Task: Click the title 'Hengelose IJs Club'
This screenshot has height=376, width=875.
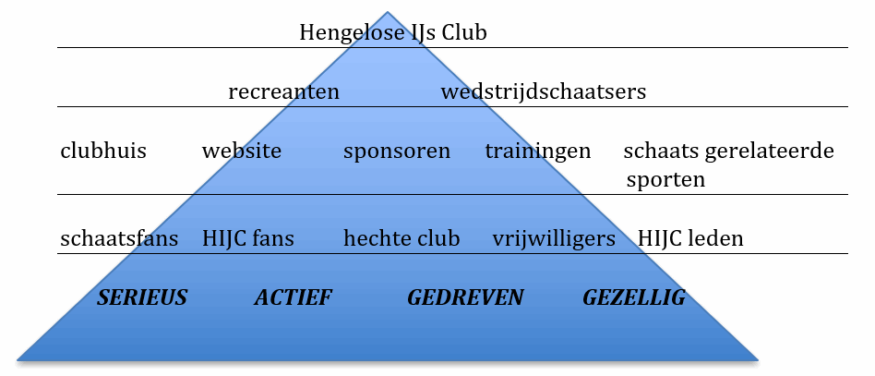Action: pos(392,33)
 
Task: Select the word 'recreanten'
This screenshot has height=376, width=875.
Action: pos(283,92)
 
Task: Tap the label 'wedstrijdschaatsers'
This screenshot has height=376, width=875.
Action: pos(543,92)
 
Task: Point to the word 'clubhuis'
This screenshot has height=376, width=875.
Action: pos(103,151)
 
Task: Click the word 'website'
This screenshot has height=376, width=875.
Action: pos(242,151)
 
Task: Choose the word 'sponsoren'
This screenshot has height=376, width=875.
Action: pos(397,152)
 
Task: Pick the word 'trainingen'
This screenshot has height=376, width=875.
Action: pos(538,152)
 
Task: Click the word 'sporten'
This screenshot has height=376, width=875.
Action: pos(665,179)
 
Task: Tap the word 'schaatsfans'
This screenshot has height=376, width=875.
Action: pos(119,239)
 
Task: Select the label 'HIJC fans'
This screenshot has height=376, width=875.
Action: pos(248,239)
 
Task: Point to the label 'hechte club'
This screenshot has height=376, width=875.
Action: pos(402,239)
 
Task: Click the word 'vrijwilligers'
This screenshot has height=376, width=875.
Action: pos(554,240)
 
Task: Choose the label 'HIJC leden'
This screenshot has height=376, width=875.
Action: pos(690,239)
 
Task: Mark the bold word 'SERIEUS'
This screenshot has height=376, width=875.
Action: pos(142,297)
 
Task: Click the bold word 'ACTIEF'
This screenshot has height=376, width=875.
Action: pos(293,297)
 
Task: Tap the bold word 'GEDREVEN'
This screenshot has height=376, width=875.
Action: pos(465,297)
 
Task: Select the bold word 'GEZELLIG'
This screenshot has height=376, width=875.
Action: pos(634,297)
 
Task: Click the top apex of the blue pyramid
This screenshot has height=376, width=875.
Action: pos(387,13)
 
